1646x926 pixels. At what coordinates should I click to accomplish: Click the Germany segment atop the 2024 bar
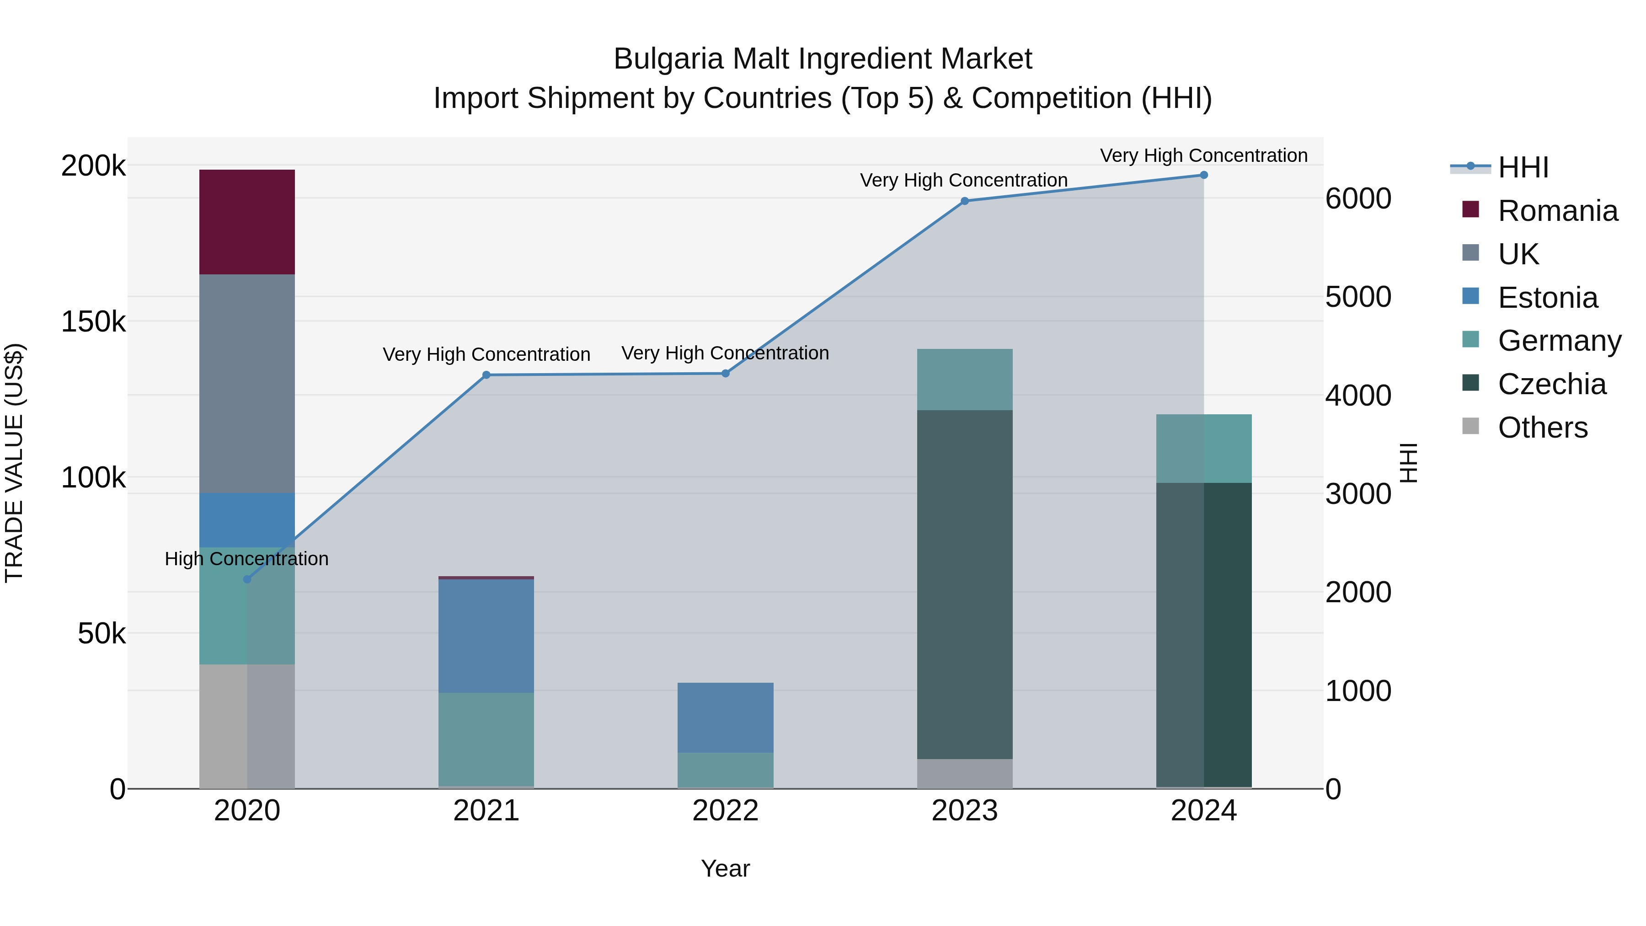pos(1203,448)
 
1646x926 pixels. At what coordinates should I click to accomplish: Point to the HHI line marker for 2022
pos(725,373)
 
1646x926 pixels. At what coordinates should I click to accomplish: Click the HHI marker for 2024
pos(1203,175)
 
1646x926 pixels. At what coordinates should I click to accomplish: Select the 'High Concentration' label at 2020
pos(246,558)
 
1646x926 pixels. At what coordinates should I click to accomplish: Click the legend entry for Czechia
pos(1551,384)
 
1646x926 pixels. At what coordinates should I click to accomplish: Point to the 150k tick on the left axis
pos(93,321)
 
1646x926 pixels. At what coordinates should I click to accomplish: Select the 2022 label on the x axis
pos(725,810)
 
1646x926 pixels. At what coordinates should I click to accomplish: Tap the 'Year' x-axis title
pos(725,868)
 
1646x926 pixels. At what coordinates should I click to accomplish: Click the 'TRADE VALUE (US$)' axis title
pos(14,463)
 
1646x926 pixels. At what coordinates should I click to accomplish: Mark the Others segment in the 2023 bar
pos(964,773)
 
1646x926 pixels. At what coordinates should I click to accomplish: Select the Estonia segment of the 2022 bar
pos(725,717)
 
